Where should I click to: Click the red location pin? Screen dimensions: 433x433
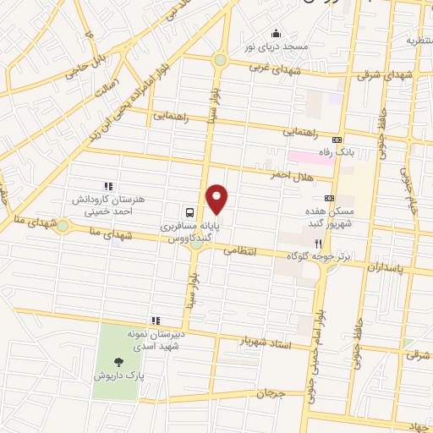[x=218, y=200]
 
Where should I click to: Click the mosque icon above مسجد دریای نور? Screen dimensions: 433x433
[x=274, y=33]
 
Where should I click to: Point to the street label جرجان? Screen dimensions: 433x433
[x=271, y=394]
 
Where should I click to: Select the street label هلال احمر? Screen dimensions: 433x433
[x=292, y=176]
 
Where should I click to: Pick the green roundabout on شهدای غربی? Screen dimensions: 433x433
[x=220, y=60]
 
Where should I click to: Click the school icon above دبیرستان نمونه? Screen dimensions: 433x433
[x=155, y=320]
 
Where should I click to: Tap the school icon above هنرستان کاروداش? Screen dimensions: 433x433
[x=107, y=185]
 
